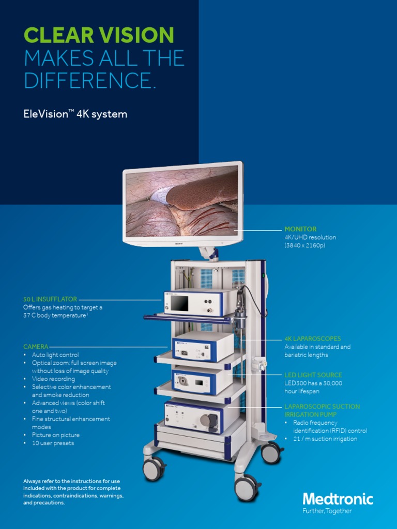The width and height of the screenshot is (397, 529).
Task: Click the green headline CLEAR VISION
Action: click(x=99, y=35)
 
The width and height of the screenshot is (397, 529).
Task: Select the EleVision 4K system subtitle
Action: click(x=75, y=114)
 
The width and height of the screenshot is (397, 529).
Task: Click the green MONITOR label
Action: click(x=300, y=229)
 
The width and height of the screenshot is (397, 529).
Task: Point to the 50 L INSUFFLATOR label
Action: click(x=50, y=299)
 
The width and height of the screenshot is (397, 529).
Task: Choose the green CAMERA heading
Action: click(x=36, y=346)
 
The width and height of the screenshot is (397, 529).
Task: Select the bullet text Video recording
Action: click(x=53, y=379)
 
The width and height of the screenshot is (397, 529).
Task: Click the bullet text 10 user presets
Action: click(x=53, y=443)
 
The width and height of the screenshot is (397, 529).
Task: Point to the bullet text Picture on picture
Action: click(x=55, y=435)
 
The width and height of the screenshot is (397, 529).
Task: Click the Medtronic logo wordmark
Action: click(x=338, y=499)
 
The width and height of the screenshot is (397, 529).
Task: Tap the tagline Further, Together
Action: click(x=327, y=511)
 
